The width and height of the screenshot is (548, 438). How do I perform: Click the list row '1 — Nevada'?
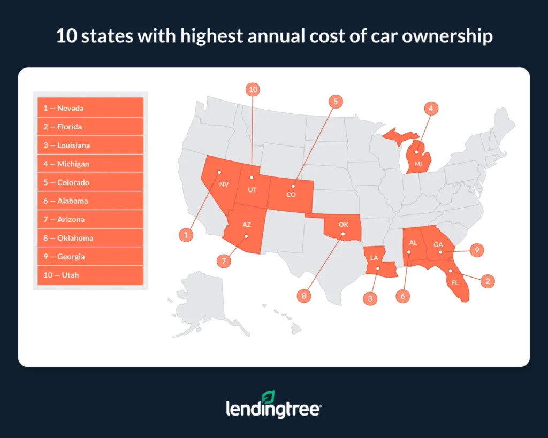[90, 108]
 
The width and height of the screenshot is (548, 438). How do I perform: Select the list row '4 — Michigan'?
[90, 164]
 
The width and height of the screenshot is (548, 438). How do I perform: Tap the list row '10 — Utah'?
[90, 275]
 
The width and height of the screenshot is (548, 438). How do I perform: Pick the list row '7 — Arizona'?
[90, 219]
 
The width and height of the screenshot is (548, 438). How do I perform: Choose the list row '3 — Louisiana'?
[90, 145]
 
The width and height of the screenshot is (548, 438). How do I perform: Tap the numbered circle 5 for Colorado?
[336, 101]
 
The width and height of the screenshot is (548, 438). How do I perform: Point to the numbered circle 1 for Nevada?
[186, 234]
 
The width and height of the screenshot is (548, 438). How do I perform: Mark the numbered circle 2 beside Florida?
[486, 281]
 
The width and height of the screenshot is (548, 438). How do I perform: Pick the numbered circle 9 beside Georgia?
[476, 249]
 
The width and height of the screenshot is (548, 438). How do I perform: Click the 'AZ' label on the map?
[246, 225]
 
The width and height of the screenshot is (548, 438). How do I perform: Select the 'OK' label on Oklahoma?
[344, 225]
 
